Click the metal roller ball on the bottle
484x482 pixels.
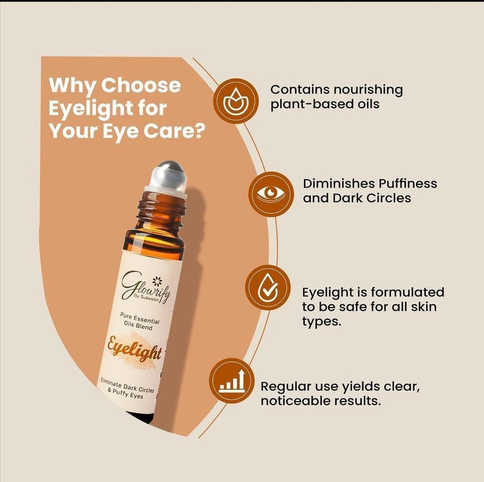pos(169,175)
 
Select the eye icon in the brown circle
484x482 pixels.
pos(271,194)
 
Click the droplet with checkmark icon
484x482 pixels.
pos(268,288)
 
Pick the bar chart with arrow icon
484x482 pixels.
pos(232,381)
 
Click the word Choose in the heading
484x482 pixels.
pos(141,86)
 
